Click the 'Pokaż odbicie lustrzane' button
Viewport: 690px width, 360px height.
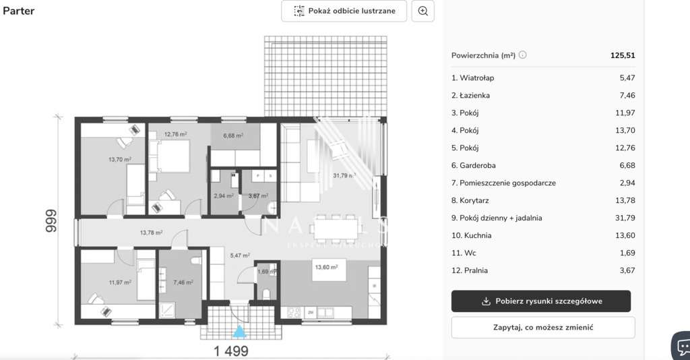tap(344, 11)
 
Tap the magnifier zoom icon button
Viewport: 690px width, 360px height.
tap(423, 11)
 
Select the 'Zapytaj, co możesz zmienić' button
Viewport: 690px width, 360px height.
tap(543, 328)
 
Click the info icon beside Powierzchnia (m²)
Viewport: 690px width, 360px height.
tap(523, 55)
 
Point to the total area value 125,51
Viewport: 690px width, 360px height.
tap(623, 56)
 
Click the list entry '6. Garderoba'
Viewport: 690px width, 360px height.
tap(478, 165)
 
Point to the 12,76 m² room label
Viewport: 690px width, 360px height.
tap(176, 134)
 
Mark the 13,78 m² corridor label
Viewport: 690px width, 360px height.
tap(152, 233)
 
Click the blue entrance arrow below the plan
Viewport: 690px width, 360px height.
tap(239, 331)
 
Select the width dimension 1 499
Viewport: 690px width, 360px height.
tap(231, 351)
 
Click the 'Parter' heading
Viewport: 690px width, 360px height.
tap(19, 11)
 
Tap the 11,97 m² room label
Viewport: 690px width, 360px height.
tap(119, 282)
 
